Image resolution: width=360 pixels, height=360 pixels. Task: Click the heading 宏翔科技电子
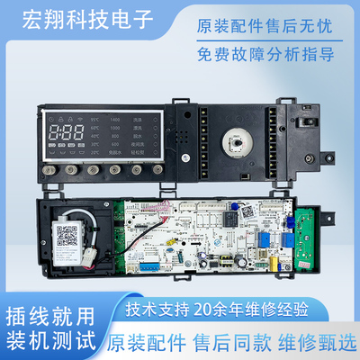point(81,18)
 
